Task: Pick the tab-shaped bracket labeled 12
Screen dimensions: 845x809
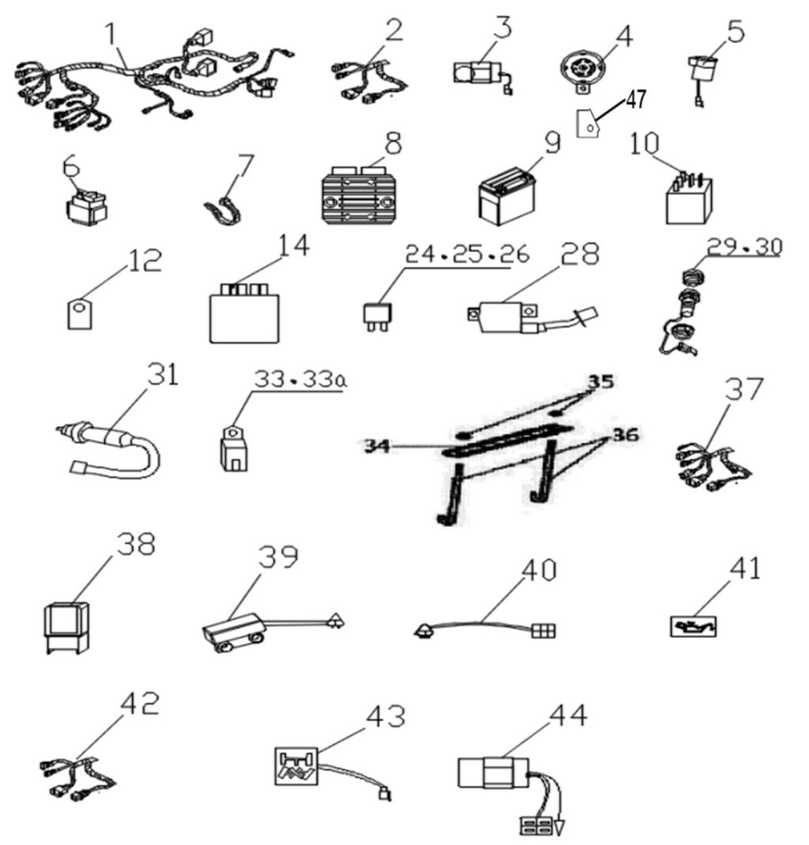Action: coord(76,312)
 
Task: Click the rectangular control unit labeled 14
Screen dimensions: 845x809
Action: coord(243,315)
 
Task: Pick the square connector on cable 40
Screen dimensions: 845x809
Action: coord(544,632)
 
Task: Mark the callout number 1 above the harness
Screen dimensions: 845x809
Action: coord(112,33)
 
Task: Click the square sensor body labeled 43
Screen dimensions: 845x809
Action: coord(294,768)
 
